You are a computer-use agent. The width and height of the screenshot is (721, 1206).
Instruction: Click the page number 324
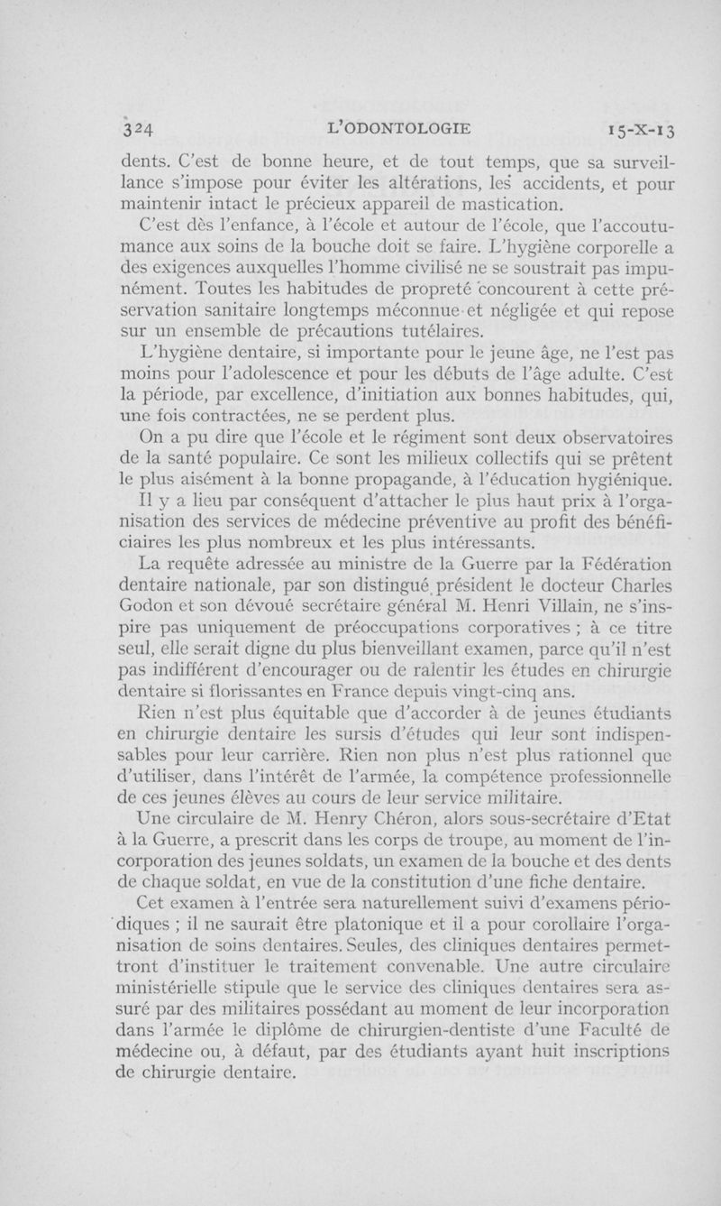pyautogui.click(x=140, y=127)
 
